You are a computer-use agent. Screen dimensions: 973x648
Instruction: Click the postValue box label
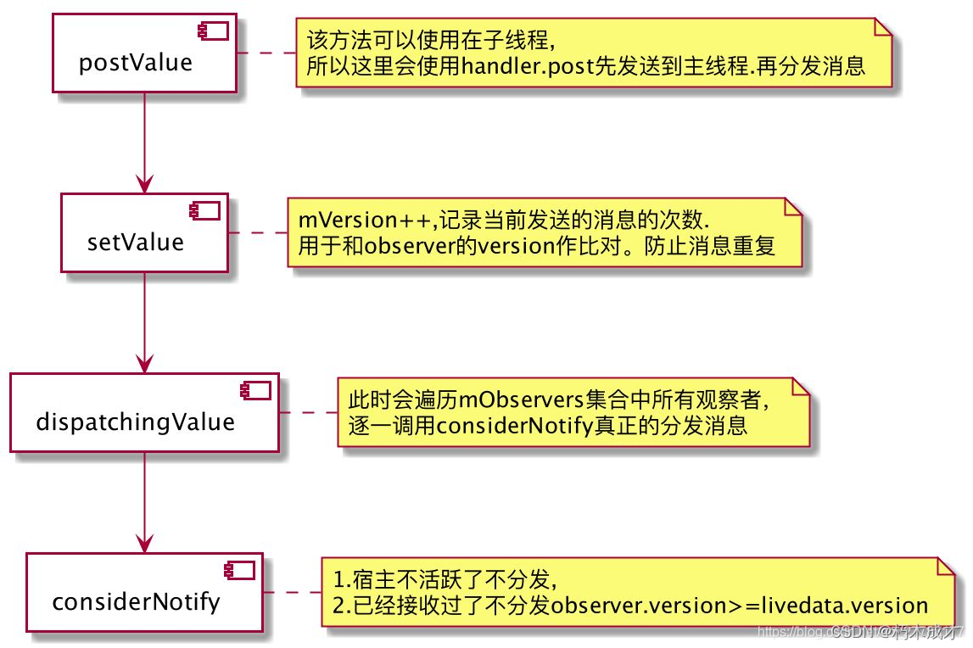coord(136,63)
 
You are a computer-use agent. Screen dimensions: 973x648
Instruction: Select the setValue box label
coord(136,243)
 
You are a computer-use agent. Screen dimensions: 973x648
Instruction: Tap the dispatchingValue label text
coord(136,422)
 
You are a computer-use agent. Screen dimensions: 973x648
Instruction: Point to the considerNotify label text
coord(136,601)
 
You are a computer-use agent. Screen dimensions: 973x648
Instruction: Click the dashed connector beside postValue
coord(265,53)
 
